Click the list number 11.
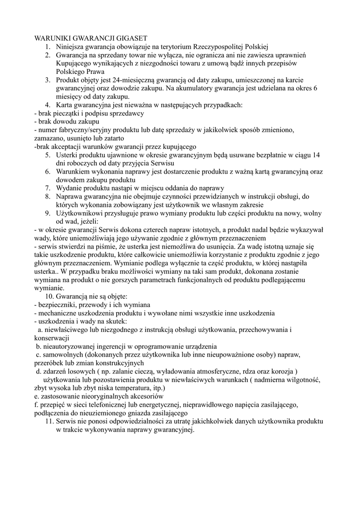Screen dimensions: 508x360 tap(49, 421)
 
